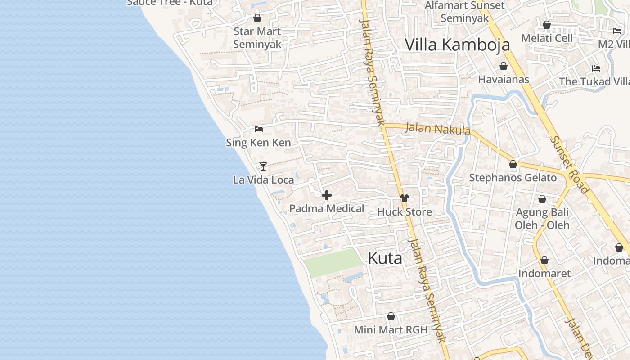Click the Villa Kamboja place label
(x=457, y=45)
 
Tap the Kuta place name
(x=385, y=258)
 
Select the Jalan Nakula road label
(x=437, y=129)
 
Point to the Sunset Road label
(x=569, y=165)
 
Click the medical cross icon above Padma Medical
(x=327, y=195)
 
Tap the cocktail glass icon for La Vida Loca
(x=263, y=166)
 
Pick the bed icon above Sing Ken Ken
(x=258, y=129)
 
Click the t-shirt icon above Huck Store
(x=404, y=198)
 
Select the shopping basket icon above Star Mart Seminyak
(x=257, y=18)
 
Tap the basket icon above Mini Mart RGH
(x=391, y=316)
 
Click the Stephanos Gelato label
(x=513, y=178)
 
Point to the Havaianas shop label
(x=503, y=79)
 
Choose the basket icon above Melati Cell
(x=547, y=25)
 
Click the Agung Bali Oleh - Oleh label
(x=542, y=218)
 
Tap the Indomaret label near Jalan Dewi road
(x=544, y=273)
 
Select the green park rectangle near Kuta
(x=332, y=263)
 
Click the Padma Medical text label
(x=326, y=208)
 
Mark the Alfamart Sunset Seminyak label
(x=464, y=12)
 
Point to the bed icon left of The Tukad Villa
(x=596, y=68)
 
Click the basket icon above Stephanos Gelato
(x=513, y=164)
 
